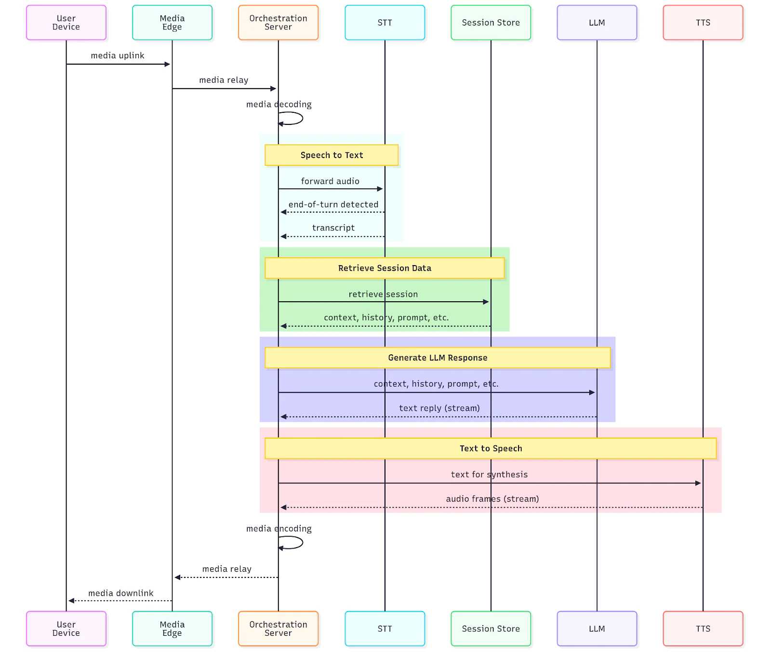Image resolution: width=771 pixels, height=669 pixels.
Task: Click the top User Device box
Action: click(66, 23)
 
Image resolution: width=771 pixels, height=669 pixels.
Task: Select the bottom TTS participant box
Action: click(703, 629)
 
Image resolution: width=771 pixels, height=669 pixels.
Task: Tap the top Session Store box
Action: click(491, 23)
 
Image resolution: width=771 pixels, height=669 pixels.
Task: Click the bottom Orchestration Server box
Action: click(278, 629)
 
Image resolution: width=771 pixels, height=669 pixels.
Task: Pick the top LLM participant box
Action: click(597, 23)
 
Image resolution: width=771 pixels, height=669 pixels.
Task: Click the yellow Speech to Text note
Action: click(332, 155)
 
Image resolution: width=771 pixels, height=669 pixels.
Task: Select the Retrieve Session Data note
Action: click(385, 268)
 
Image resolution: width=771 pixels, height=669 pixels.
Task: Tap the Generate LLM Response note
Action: click(438, 358)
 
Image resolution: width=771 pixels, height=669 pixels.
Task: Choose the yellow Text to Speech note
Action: click(491, 448)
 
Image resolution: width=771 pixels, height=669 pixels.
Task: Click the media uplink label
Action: click(118, 55)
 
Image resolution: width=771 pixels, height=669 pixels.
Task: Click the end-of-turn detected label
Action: click(333, 204)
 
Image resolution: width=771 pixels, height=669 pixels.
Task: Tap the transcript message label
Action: click(333, 227)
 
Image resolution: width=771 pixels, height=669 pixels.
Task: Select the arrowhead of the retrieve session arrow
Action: click(486, 302)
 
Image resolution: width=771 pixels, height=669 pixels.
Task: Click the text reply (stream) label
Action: click(439, 408)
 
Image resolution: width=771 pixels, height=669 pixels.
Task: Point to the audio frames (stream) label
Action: click(492, 498)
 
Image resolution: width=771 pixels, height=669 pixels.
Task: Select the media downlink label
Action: click(120, 593)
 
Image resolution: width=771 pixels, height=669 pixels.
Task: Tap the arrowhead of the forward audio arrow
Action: click(380, 189)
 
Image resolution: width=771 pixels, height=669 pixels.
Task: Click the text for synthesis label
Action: click(489, 474)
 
